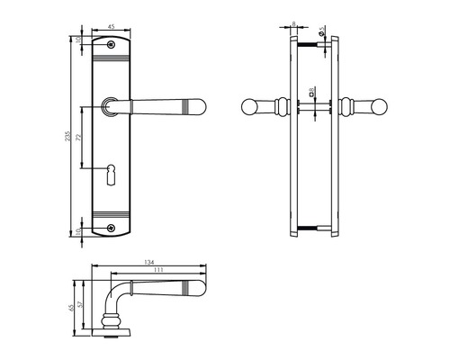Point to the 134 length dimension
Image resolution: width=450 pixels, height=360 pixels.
[148, 263]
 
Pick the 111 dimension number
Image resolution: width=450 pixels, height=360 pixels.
[158, 271]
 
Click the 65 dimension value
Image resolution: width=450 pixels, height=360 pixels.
[72, 307]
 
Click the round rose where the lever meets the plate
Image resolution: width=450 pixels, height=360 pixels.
[110, 106]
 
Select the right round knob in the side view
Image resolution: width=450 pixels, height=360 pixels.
[368, 108]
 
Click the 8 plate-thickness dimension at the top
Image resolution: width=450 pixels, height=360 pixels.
[294, 27]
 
